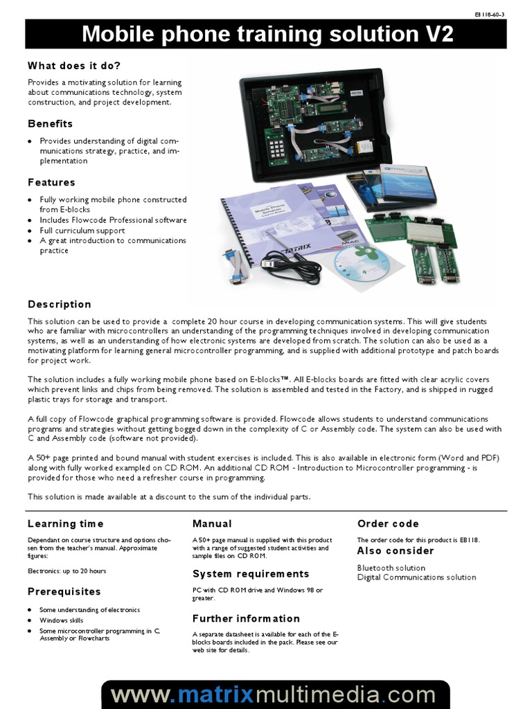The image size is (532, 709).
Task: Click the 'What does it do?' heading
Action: coord(74,66)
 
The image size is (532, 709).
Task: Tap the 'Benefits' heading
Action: coord(50,124)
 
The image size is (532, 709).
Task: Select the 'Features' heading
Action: coord(51,183)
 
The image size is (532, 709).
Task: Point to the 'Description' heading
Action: coord(60,305)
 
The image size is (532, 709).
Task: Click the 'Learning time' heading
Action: coord(66,524)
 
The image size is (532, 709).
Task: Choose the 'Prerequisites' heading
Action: coord(64,592)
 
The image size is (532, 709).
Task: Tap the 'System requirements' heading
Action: coord(251,574)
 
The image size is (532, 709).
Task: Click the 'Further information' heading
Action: coord(246,618)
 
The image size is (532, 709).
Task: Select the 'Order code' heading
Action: coord(388,524)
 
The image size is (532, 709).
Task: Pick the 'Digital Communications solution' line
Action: coord(416,577)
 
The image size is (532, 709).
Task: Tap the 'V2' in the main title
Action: coord(435,35)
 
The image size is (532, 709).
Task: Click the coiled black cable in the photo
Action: coord(293,267)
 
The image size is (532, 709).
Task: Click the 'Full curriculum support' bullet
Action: coord(82,231)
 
